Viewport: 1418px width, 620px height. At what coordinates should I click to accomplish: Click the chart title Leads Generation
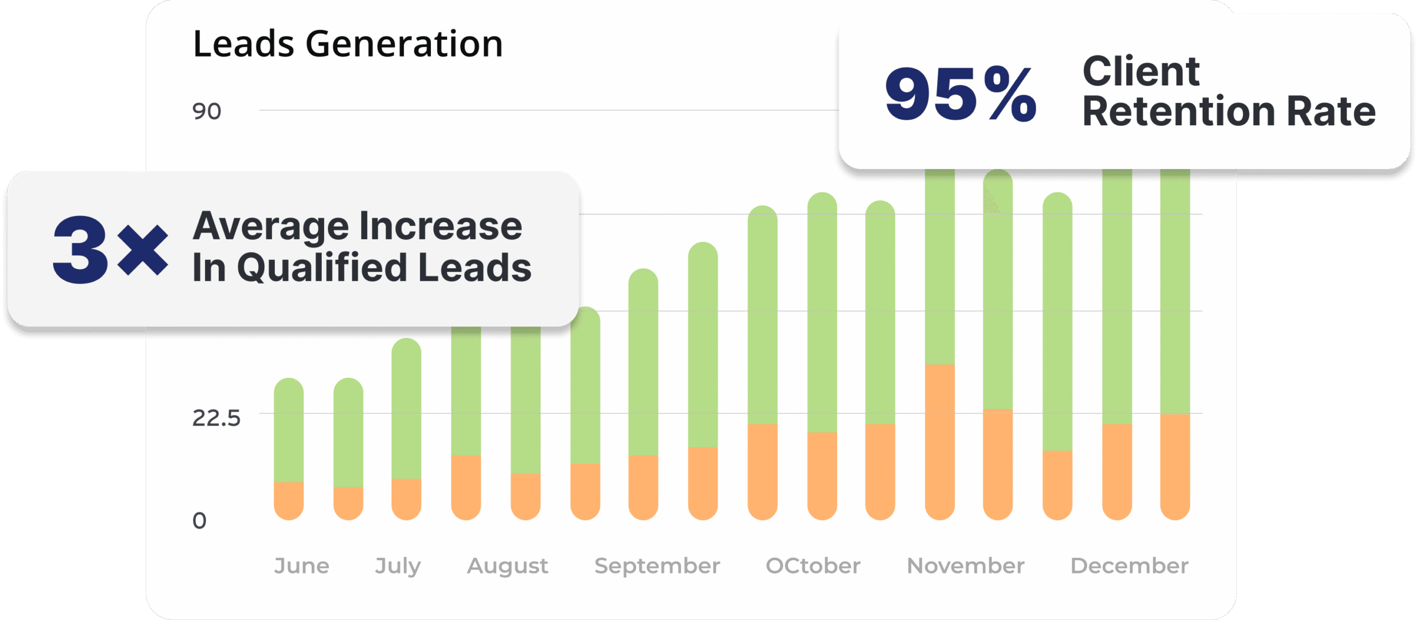pyautogui.click(x=348, y=44)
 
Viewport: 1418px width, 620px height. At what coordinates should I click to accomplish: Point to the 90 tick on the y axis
pyautogui.click(x=207, y=111)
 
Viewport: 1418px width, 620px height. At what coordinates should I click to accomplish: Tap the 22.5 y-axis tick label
pyautogui.click(x=216, y=418)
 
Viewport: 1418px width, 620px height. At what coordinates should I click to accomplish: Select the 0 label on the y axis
pyautogui.click(x=199, y=521)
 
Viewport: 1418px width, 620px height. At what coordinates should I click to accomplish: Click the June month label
pyautogui.click(x=302, y=566)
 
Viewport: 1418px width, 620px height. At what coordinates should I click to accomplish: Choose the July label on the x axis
pyautogui.click(x=398, y=566)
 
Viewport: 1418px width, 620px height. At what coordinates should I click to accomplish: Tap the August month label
pyautogui.click(x=507, y=566)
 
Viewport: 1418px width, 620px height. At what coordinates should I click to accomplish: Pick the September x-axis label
pyautogui.click(x=657, y=566)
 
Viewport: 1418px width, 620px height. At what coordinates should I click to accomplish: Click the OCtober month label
pyautogui.click(x=813, y=566)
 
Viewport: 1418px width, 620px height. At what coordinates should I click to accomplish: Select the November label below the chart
pyautogui.click(x=965, y=566)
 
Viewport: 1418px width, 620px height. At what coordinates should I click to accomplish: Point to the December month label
pyautogui.click(x=1129, y=566)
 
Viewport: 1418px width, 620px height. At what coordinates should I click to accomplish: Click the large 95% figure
pyautogui.click(x=960, y=93)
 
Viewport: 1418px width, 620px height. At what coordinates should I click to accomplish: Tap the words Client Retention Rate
pyautogui.click(x=1229, y=91)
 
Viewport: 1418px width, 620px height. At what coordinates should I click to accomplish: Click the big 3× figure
pyautogui.click(x=110, y=249)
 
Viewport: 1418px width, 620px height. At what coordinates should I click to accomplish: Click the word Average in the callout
pyautogui.click(x=271, y=226)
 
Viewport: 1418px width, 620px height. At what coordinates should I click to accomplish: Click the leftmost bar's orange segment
pyautogui.click(x=289, y=500)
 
